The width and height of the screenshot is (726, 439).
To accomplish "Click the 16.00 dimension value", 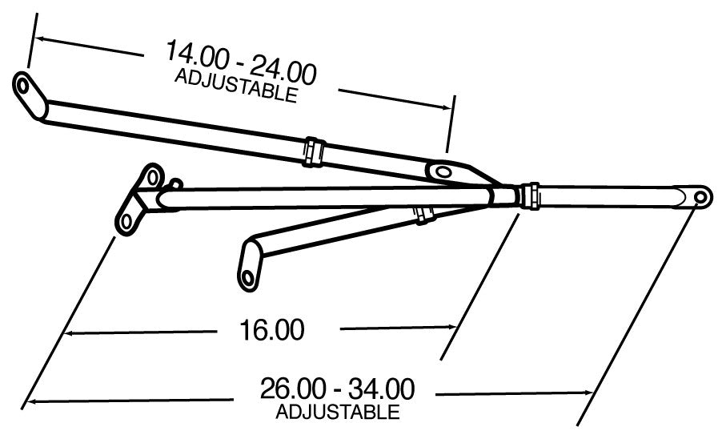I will point(271,329).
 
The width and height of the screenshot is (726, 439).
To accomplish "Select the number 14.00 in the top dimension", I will point(200,55).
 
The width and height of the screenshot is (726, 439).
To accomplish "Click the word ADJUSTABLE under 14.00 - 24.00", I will point(235,86).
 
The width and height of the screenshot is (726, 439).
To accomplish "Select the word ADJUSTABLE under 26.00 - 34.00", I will point(337,413).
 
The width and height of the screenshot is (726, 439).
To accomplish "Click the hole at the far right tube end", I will point(700,195).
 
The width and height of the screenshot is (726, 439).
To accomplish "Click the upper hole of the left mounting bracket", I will point(149,175).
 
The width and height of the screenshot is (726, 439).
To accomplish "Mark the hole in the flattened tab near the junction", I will point(441,170).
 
